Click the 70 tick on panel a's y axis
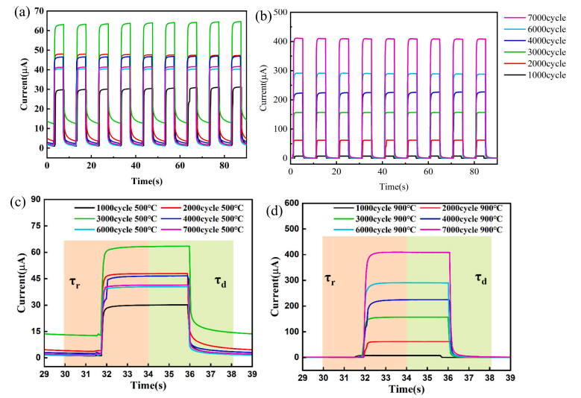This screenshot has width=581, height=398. (33, 13)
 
